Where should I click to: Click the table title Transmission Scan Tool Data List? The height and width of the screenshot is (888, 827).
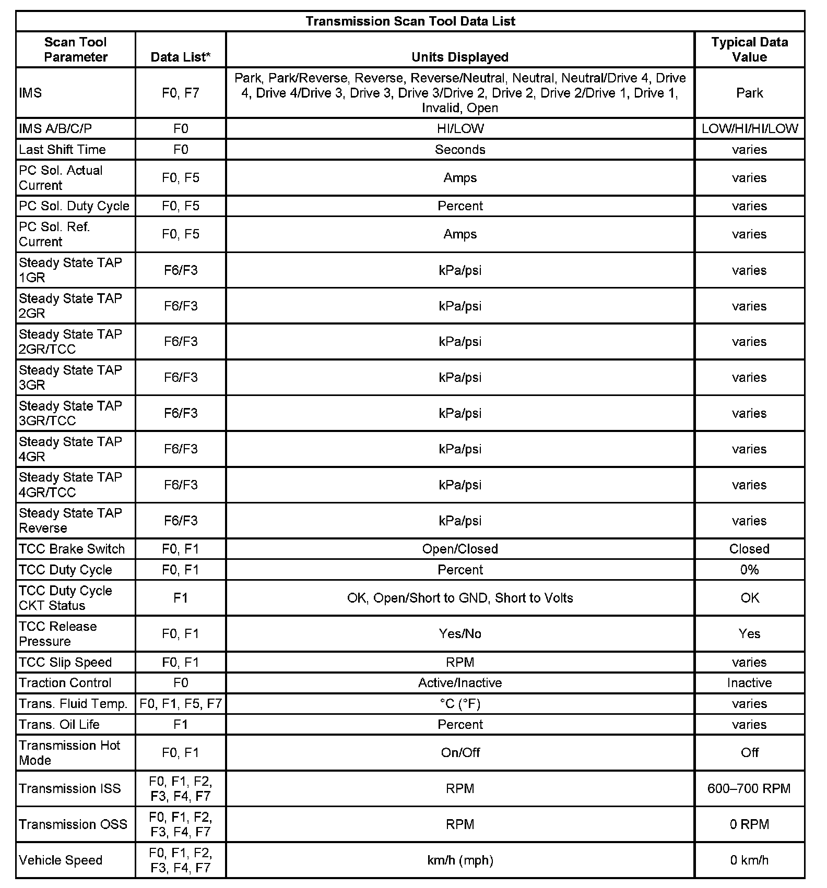[410, 21]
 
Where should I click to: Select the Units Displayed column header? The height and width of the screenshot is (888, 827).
[460, 57]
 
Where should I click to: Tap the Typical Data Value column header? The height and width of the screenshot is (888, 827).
[749, 50]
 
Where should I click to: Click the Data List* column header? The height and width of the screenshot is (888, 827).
[181, 57]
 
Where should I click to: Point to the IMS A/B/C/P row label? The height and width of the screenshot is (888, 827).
[55, 129]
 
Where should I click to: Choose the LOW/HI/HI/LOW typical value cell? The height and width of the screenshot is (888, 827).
[749, 129]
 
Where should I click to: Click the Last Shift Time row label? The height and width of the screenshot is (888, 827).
[62, 150]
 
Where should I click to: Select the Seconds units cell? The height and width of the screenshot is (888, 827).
[460, 150]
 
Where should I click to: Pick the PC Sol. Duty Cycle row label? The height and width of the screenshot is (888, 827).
[74, 206]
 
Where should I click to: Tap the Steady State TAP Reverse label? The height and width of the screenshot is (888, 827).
[70, 521]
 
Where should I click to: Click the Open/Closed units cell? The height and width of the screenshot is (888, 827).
[460, 549]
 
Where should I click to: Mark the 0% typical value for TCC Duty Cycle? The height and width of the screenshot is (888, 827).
[749, 570]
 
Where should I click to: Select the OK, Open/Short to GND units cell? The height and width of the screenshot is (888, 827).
[460, 598]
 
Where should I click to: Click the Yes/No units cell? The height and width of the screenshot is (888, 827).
[460, 634]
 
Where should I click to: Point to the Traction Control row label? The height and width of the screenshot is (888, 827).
[65, 683]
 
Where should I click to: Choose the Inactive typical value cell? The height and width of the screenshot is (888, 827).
[749, 683]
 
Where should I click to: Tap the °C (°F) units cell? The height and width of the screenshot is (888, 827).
[460, 704]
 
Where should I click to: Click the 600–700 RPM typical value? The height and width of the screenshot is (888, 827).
[749, 788]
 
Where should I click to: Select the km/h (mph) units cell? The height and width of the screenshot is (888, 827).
[460, 860]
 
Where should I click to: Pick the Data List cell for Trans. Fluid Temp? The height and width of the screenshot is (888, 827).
[181, 704]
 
